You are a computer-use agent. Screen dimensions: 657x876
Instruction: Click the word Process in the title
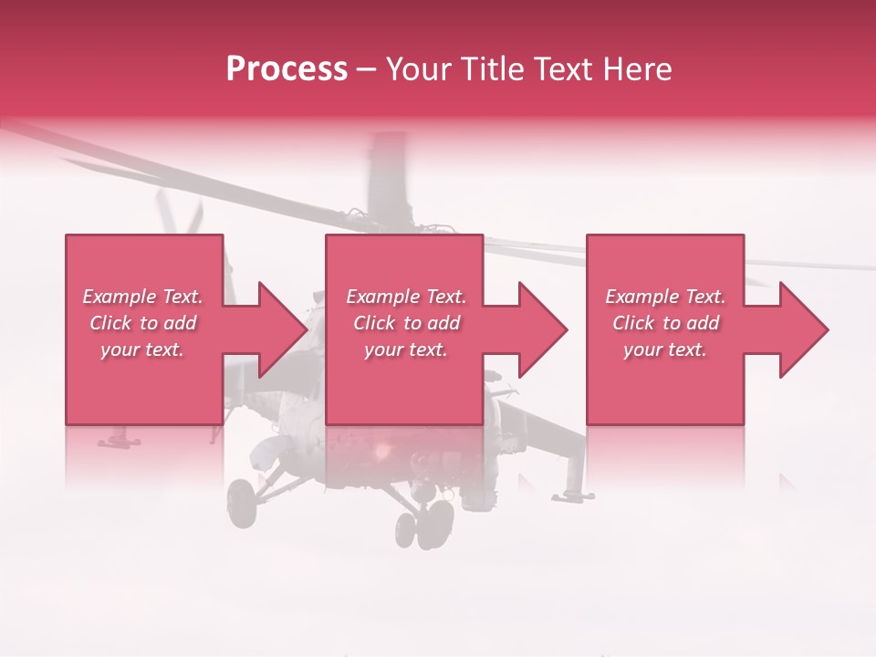[x=287, y=69]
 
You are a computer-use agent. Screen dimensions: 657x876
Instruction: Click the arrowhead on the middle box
[x=542, y=329]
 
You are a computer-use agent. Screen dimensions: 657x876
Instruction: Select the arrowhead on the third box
[x=803, y=329]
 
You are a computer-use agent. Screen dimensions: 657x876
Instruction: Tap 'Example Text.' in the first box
[x=142, y=297]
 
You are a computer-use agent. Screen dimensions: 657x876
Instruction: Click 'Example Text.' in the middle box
[x=405, y=297]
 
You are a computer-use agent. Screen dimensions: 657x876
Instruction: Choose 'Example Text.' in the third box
[x=665, y=297]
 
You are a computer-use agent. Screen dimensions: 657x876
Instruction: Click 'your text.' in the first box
[x=142, y=349]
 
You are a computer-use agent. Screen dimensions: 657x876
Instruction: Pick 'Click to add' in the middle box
[x=405, y=323]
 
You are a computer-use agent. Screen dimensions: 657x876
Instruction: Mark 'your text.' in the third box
[x=665, y=349]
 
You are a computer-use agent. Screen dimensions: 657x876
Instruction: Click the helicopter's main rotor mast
[x=387, y=178]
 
